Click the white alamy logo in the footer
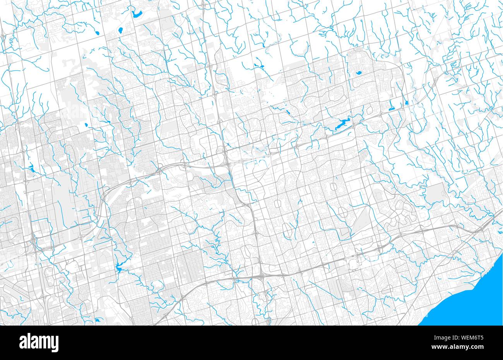[39, 343]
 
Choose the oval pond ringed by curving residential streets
[359, 72]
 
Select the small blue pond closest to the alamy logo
[98, 320]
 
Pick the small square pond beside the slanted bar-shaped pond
[406, 103]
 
